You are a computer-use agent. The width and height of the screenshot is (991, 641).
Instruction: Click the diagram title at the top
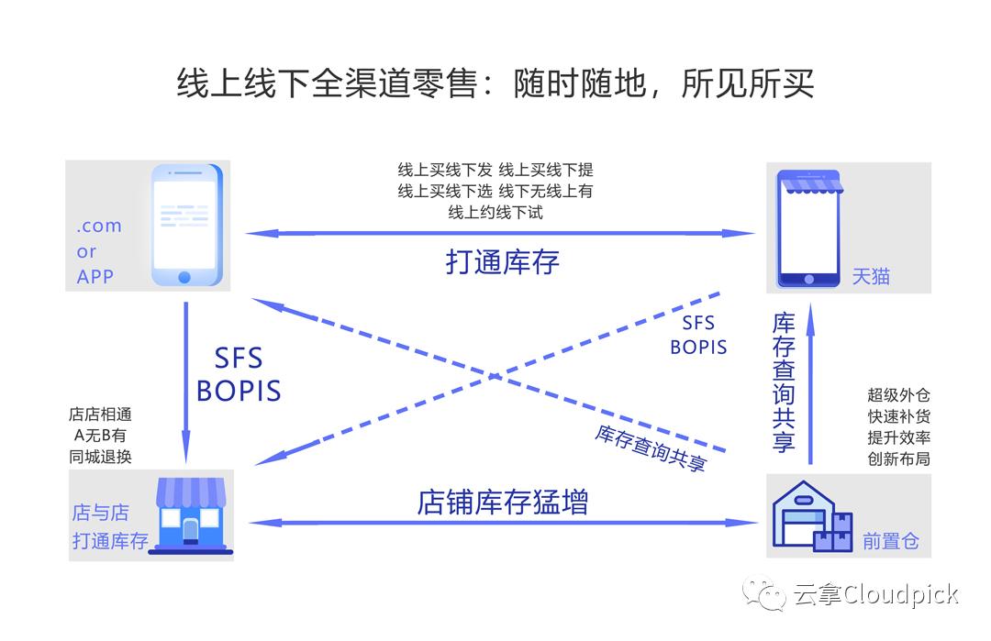(495, 84)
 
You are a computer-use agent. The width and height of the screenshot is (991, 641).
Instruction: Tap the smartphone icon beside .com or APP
(186, 225)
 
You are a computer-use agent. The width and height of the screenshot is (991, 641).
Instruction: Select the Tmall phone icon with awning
(808, 227)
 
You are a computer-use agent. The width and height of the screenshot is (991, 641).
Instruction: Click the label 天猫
(870, 276)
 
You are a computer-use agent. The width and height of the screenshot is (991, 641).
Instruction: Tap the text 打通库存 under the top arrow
(503, 262)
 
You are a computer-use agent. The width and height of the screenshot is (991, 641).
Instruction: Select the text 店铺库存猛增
(503, 502)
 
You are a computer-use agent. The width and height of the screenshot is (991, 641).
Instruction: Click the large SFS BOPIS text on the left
(239, 374)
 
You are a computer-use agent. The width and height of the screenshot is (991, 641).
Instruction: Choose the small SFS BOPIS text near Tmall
(698, 336)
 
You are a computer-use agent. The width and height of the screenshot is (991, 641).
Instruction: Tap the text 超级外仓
(898, 396)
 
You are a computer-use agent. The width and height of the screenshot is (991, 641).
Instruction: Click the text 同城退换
(100, 457)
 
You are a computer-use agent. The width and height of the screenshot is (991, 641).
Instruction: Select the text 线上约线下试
(495, 212)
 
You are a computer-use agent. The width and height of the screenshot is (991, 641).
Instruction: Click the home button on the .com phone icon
(184, 276)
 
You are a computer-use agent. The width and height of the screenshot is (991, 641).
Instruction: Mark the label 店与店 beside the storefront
(100, 513)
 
